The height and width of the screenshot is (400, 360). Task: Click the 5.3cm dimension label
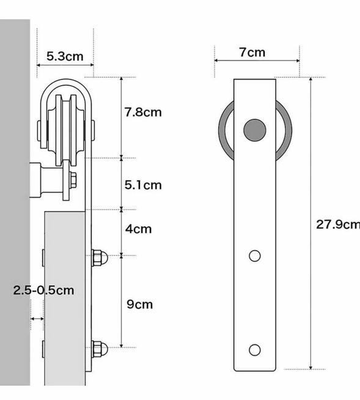click(65, 56)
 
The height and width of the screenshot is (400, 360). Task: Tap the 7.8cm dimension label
click(143, 113)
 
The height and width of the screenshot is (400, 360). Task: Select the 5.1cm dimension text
click(143, 185)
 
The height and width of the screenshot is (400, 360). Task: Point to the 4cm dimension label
click(139, 229)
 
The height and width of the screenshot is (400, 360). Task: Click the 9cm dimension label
click(140, 304)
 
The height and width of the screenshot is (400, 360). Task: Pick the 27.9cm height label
click(338, 224)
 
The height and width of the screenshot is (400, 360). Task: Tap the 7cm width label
click(252, 52)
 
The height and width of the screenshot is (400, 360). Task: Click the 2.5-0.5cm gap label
click(43, 291)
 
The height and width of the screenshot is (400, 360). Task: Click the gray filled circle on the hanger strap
click(255, 130)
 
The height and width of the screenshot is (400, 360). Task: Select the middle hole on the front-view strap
click(255, 256)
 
